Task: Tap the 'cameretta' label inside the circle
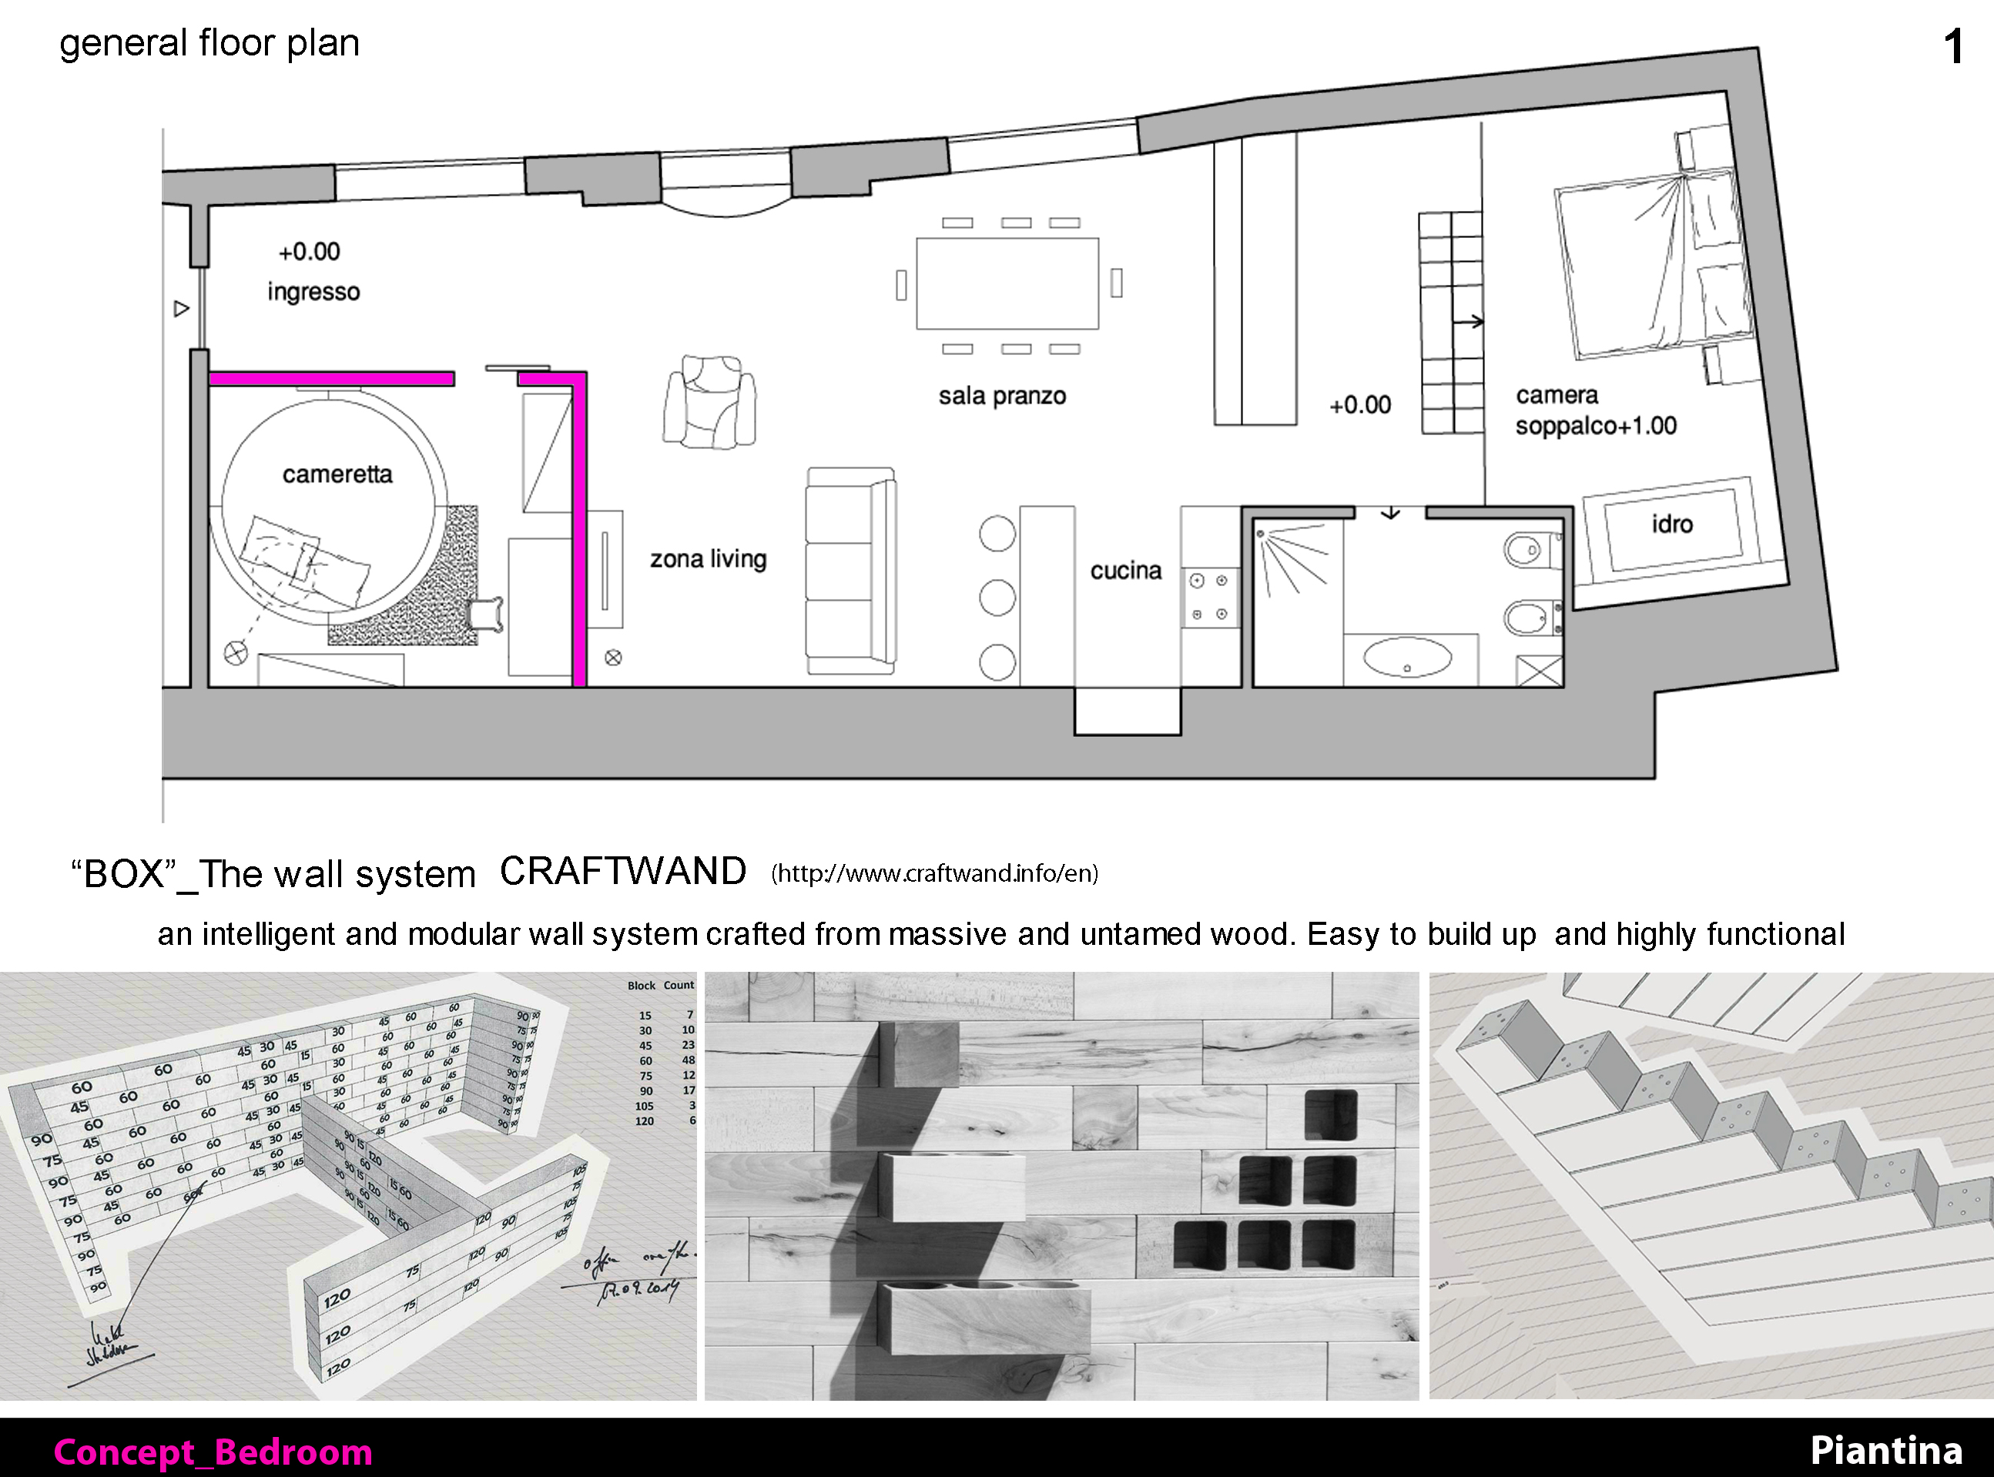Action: pos(337,474)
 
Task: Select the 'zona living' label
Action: pos(709,559)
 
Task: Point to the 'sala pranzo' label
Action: pos(1001,396)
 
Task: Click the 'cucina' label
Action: pos(1126,571)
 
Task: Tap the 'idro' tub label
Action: pos(1672,524)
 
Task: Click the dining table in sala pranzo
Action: pos(1007,283)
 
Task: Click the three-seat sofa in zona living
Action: pos(850,571)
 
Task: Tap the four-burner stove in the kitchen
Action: pos(1209,598)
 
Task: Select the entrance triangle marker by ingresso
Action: pos(182,309)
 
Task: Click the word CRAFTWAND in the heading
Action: pos(622,872)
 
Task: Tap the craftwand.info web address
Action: pos(934,873)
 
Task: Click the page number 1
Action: pos(1954,46)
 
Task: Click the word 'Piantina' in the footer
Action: pos(1886,1450)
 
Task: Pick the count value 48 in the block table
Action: pos(688,1060)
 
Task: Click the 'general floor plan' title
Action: pos(209,43)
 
